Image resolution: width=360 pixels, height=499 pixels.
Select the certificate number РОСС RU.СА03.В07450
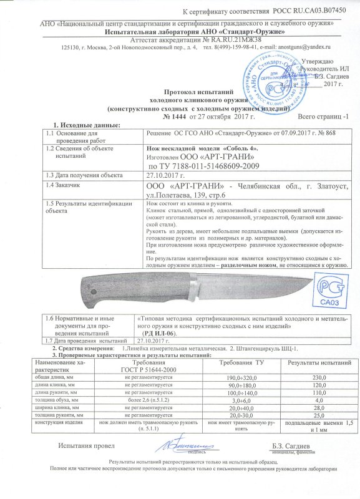(309, 13)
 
